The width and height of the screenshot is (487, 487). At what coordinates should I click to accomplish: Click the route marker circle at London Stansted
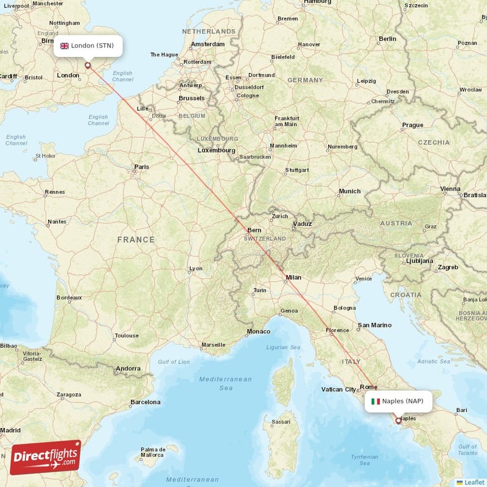[x=88, y=65]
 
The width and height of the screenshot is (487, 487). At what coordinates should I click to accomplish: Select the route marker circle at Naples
[x=399, y=420]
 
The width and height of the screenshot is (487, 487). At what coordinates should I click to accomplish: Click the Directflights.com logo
[x=46, y=457]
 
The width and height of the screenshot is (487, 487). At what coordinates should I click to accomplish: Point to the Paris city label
[x=141, y=167]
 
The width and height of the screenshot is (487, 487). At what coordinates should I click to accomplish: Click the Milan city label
[x=293, y=278]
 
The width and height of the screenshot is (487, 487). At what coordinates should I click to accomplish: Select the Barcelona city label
[x=145, y=402]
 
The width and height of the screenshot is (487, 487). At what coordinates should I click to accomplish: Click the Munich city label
[x=349, y=191]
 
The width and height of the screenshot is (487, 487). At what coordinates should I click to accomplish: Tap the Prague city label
[x=412, y=125]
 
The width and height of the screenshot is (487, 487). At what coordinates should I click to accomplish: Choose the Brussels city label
[x=191, y=98]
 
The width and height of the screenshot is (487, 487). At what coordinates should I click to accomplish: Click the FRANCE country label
[x=136, y=240]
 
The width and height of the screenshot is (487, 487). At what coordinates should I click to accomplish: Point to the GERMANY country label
[x=305, y=80]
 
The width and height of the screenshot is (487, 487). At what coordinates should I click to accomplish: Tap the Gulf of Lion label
[x=174, y=362]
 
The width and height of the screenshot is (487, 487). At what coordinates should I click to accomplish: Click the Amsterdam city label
[x=207, y=44]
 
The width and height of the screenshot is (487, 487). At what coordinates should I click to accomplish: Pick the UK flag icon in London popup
[x=65, y=46]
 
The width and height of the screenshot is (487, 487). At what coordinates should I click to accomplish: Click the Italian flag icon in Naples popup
[x=376, y=401]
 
